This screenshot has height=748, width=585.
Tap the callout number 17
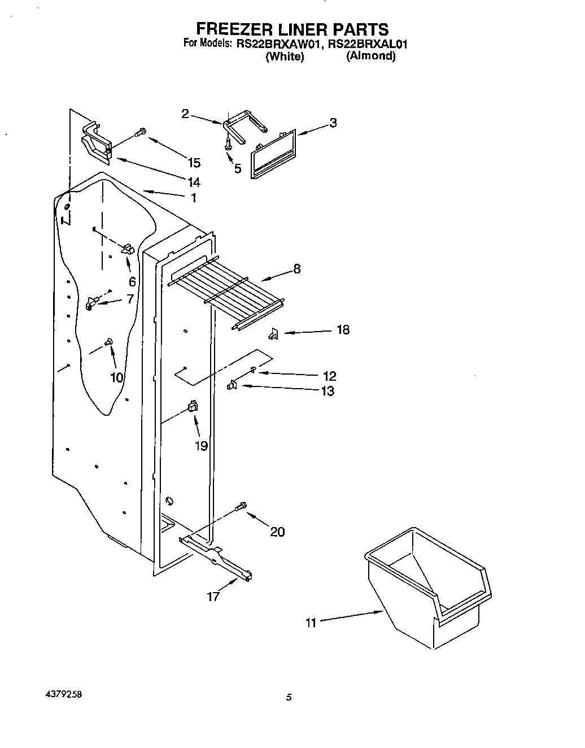[x=213, y=597]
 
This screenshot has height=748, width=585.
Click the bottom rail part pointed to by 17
[x=217, y=556]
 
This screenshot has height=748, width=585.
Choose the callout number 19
[x=201, y=446]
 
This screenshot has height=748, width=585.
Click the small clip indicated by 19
[x=192, y=406]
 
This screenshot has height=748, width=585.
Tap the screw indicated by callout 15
[x=139, y=133]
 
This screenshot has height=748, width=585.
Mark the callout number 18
[x=343, y=330]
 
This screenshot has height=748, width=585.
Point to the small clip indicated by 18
[x=273, y=334]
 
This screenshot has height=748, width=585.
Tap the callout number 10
[x=117, y=377]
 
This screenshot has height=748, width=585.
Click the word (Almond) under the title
[x=370, y=56]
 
